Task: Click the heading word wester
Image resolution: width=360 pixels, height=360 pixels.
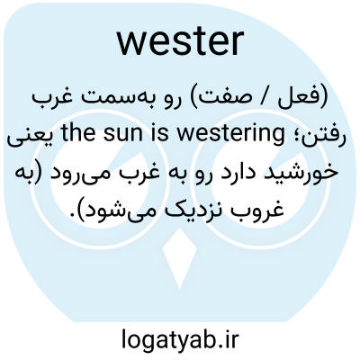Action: (180, 41)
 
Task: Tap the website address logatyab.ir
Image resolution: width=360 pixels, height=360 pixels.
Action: (180, 338)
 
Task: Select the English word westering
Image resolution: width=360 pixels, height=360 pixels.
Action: (230, 134)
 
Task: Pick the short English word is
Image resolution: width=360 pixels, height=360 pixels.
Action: (166, 134)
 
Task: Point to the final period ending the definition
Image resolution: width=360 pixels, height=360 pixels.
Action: (71, 215)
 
